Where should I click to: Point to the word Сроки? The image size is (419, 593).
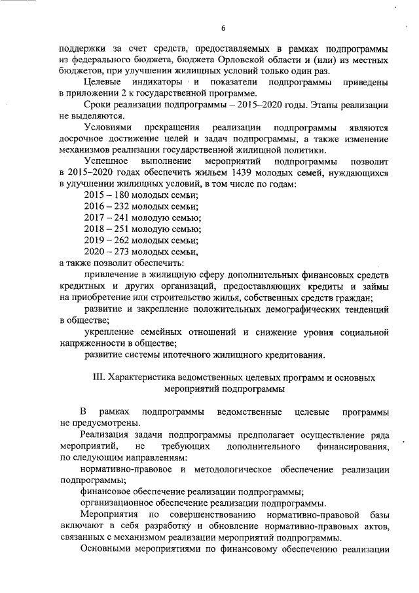pos(96,105)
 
